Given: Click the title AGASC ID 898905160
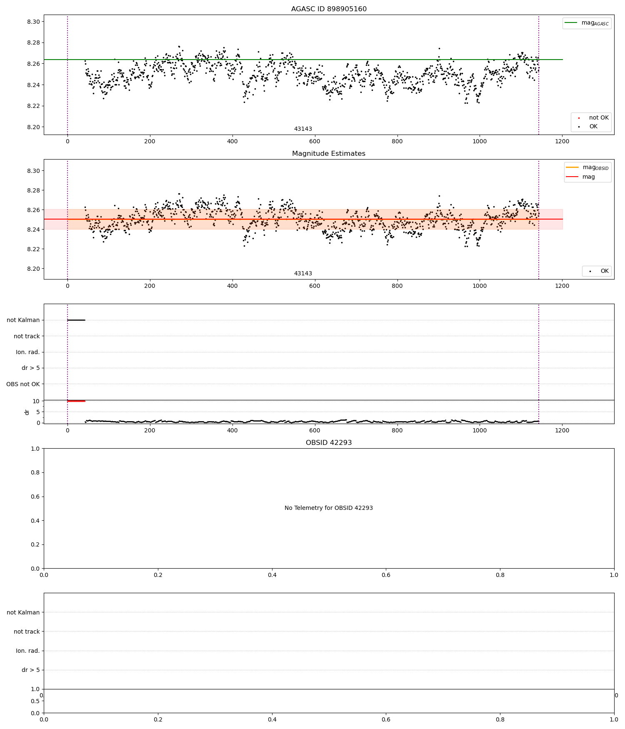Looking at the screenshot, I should click(329, 9).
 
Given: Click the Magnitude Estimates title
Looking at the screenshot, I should click(329, 154).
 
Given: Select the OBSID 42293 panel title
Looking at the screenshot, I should click(329, 443).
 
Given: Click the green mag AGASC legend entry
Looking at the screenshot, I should click(587, 23).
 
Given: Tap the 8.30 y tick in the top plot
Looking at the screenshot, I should click(34, 22).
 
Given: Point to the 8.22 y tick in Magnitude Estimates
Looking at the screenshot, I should click(34, 249).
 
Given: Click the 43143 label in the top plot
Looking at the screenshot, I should click(303, 129).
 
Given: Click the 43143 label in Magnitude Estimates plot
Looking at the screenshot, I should click(303, 274).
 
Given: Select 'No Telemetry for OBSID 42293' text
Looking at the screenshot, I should click(329, 508).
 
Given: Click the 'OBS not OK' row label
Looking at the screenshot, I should click(23, 384).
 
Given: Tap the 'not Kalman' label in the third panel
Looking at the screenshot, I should click(23, 320).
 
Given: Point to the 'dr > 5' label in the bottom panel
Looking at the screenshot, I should click(30, 670).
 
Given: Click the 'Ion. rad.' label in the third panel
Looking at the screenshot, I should click(28, 352).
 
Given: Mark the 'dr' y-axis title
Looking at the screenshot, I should click(27, 412).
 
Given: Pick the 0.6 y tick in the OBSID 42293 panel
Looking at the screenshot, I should click(35, 497).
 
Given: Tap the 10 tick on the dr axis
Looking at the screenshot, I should click(36, 401).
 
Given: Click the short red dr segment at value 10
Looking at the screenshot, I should click(76, 401).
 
